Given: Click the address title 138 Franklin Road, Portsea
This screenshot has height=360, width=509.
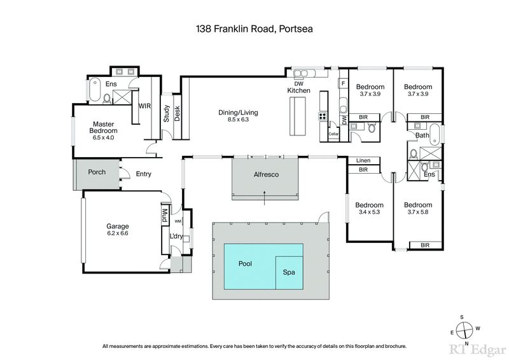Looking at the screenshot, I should tap(254, 29).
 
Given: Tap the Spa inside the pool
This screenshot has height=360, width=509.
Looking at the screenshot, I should tap(289, 272).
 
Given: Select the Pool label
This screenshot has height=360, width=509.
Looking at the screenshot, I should tap(246, 263).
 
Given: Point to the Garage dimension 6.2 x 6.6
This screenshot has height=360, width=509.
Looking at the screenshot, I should tap(118, 234).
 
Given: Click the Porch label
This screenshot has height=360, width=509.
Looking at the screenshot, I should tap(97, 172).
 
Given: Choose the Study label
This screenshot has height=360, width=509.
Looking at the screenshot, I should tap(167, 113).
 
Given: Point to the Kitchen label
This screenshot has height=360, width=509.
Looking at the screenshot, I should tap(298, 91).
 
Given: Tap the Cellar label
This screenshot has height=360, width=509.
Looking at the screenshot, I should tap(333, 134).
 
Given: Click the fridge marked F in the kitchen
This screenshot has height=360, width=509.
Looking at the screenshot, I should tap(343, 83).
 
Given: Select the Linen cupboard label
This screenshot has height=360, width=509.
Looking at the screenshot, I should tap(363, 161).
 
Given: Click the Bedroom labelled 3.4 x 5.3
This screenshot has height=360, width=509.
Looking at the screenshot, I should tap(369, 209).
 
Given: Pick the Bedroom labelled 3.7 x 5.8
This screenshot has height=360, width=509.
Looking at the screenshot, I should tap(418, 209).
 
